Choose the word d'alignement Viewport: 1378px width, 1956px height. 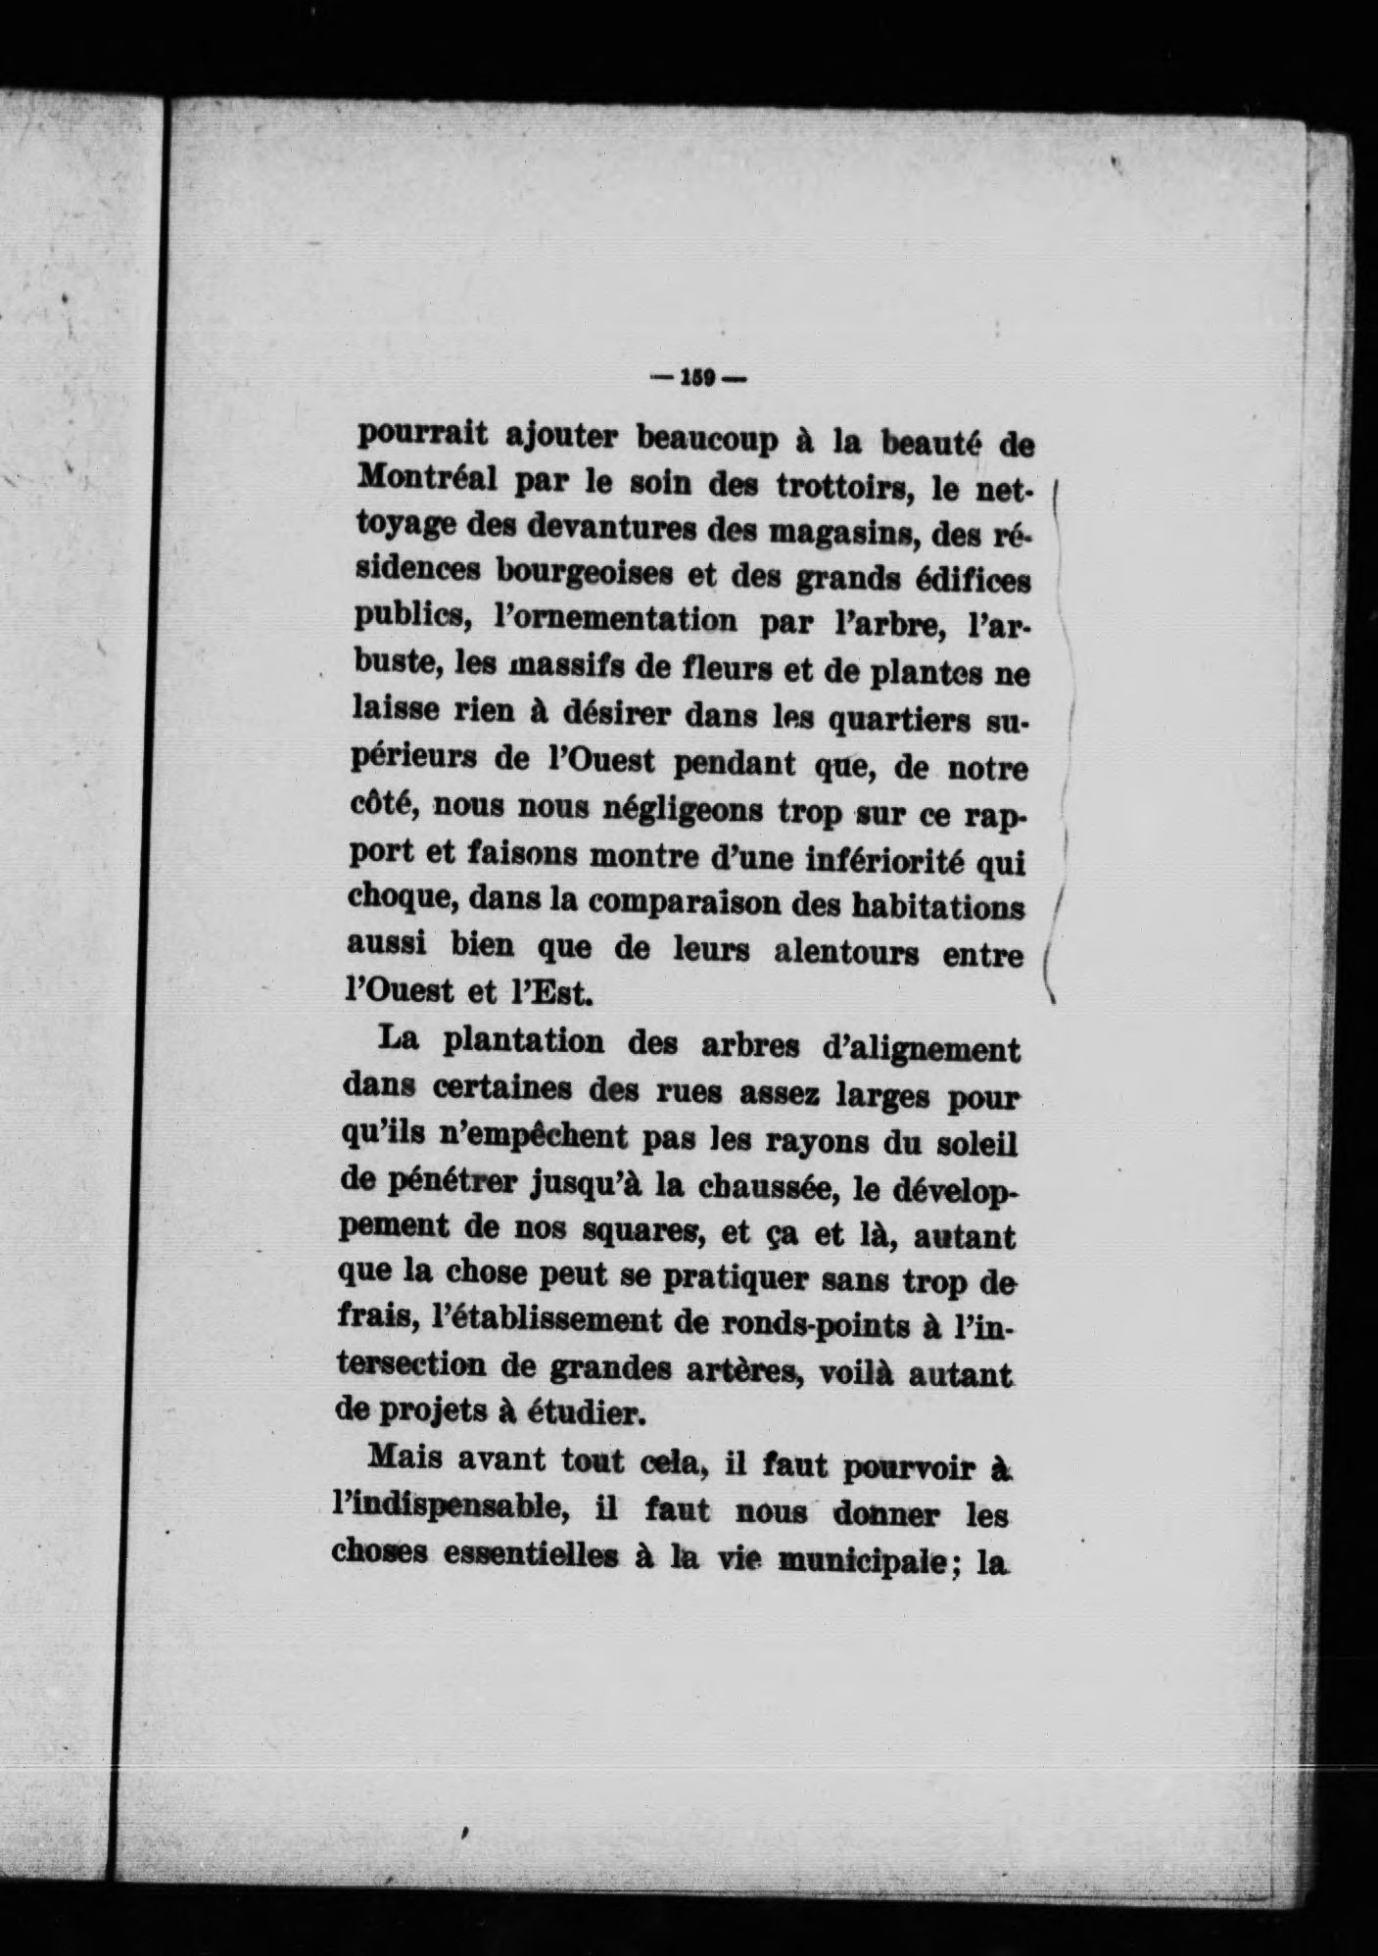(920, 1051)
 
